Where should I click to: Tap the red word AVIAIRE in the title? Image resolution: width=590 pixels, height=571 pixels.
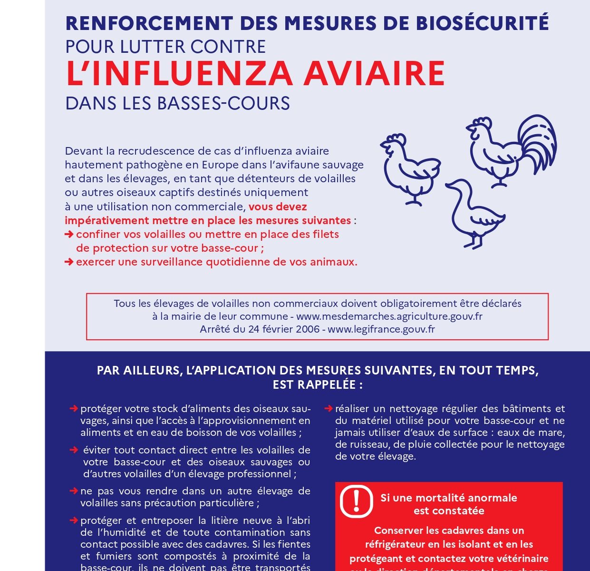click(x=374, y=74)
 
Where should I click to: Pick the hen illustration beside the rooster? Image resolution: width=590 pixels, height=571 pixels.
click(x=410, y=167)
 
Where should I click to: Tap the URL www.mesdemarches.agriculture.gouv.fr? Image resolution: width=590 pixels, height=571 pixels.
click(x=389, y=316)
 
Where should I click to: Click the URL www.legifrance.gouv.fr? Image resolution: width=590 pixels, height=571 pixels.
click(x=381, y=329)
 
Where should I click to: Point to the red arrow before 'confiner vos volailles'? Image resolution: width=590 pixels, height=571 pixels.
click(x=69, y=234)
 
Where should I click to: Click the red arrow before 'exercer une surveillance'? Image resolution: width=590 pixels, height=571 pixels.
click(x=69, y=262)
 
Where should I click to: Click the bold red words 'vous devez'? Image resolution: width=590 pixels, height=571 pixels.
click(x=278, y=207)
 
